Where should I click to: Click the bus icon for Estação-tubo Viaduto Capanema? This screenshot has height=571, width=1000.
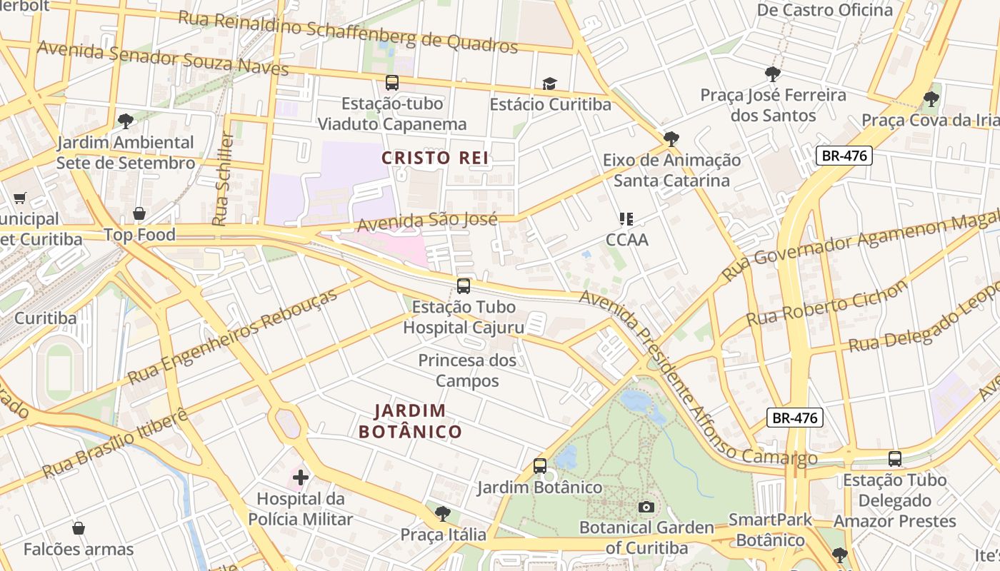click(x=392, y=82)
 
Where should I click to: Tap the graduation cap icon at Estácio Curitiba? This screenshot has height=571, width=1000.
click(x=549, y=84)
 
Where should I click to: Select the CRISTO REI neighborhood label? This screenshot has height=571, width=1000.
click(x=435, y=158)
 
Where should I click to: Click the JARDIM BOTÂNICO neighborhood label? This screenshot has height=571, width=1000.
click(x=410, y=421)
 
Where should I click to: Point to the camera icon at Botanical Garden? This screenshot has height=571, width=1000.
click(x=646, y=507)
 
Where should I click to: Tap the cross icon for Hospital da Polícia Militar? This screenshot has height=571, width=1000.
click(x=301, y=477)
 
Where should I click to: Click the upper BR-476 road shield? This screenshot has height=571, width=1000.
click(x=844, y=156)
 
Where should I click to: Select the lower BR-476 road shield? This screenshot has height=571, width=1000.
click(x=795, y=418)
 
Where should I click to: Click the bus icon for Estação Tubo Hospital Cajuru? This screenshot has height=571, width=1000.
click(x=464, y=286)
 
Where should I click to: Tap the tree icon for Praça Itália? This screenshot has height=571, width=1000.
click(x=443, y=512)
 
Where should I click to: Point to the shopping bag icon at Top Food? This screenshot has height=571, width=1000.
click(x=139, y=213)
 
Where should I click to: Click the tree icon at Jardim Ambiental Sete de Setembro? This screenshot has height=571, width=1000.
click(x=126, y=121)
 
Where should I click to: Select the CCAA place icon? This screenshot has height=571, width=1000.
click(x=626, y=218)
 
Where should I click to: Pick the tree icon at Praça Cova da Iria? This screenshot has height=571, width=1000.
click(x=930, y=98)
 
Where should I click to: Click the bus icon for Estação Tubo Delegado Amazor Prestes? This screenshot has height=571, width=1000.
click(x=894, y=459)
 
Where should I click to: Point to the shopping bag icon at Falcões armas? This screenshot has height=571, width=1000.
click(x=79, y=528)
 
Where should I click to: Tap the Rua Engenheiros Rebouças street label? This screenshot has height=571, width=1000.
click(x=233, y=337)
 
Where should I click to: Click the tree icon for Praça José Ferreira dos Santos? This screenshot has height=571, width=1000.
click(x=772, y=73)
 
